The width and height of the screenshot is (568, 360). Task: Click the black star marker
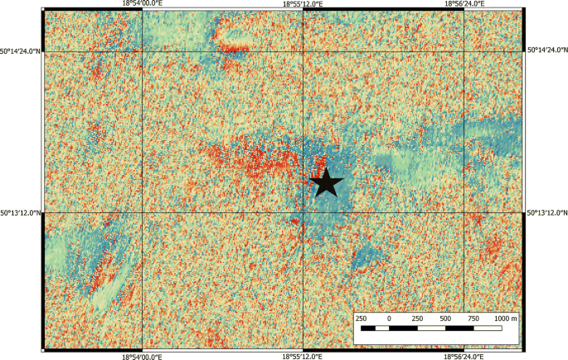(x=327, y=182)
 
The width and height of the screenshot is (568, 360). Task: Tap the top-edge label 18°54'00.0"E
(x=143, y=4)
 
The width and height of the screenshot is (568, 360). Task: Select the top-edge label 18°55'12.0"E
(x=303, y=4)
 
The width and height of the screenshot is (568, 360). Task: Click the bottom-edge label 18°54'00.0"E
(x=143, y=356)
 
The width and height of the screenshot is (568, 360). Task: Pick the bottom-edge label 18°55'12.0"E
(x=303, y=356)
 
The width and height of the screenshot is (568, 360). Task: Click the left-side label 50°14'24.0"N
(x=20, y=51)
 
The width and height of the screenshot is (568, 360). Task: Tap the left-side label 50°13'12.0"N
(x=20, y=212)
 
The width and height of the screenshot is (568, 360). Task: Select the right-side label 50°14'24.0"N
(x=547, y=51)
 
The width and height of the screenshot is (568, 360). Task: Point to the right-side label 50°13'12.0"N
(x=547, y=212)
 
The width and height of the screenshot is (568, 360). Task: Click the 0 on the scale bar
(x=389, y=319)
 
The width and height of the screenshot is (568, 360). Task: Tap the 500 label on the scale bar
(x=445, y=319)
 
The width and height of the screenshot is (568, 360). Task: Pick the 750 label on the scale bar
(x=473, y=319)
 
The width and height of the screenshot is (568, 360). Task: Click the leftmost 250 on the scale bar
(x=361, y=319)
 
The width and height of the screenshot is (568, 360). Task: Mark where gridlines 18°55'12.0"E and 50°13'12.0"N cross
(x=303, y=212)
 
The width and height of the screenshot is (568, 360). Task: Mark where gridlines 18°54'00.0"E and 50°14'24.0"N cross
(x=143, y=51)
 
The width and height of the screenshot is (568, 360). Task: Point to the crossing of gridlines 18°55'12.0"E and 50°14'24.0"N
(x=303, y=51)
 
